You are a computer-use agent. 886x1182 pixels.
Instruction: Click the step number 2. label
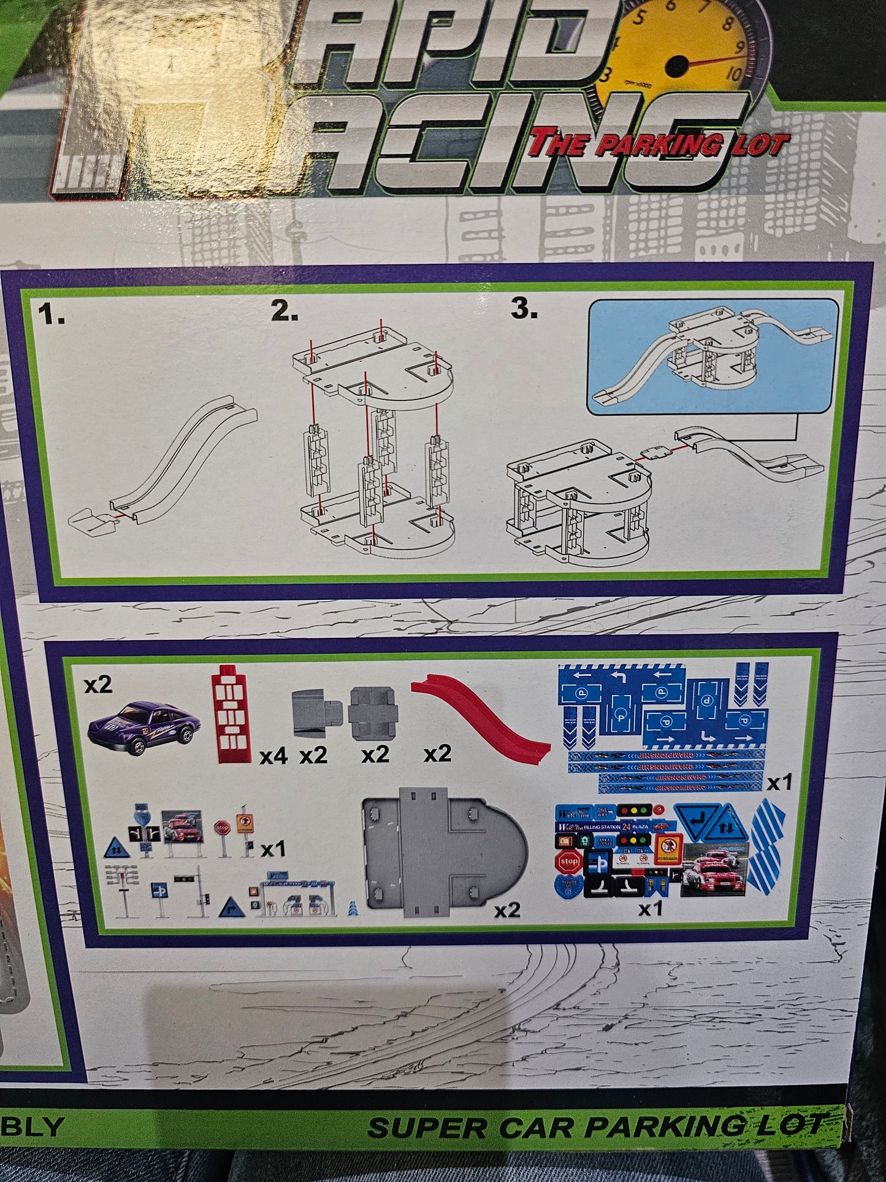click(285, 312)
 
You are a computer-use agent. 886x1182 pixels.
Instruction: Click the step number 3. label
click(524, 309)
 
